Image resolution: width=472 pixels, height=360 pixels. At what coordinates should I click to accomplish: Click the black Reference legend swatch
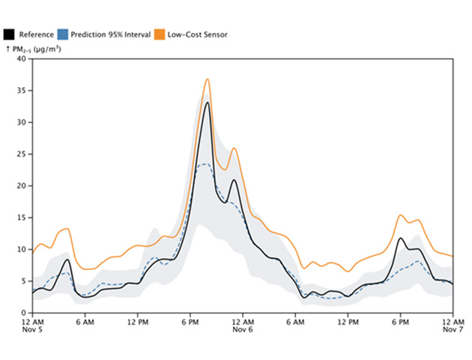click(9, 34)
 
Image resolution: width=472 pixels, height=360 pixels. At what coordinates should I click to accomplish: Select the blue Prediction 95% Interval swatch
click(65, 34)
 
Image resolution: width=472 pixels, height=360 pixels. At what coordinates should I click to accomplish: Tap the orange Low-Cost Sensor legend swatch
click(159, 34)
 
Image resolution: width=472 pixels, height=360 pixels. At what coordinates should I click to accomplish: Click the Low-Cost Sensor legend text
click(197, 34)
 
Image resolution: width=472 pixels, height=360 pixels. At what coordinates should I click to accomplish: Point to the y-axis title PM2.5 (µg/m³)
click(34, 49)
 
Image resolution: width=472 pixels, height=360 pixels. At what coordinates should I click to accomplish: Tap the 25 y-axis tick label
click(22, 154)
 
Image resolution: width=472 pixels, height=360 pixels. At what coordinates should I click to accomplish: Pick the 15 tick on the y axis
click(22, 217)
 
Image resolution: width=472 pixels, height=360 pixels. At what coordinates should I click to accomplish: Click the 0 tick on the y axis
click(25, 313)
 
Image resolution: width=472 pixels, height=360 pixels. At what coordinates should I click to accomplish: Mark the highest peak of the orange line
click(208, 79)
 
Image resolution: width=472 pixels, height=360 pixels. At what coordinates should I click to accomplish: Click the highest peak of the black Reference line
click(208, 102)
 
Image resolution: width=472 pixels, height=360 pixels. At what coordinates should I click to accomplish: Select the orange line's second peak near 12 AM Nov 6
click(235, 148)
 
